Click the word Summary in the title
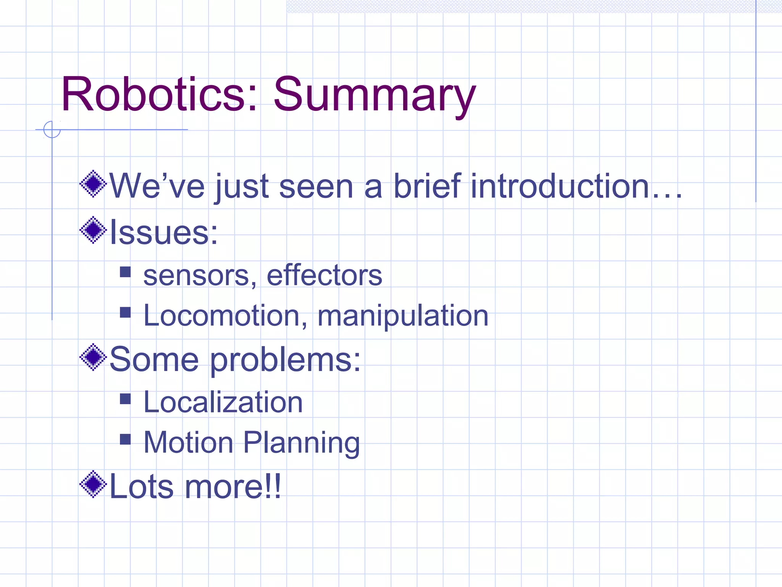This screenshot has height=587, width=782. point(374,96)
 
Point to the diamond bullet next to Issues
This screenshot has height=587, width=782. point(93,230)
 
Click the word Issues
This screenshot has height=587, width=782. point(163,232)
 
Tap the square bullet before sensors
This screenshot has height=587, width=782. point(125,272)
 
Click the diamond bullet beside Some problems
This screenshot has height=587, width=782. point(93,357)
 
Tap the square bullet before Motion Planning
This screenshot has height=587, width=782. point(125,439)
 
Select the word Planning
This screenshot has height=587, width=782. point(301,443)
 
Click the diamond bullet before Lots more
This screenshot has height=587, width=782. point(93,485)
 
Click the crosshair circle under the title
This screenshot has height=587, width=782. point(52,130)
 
